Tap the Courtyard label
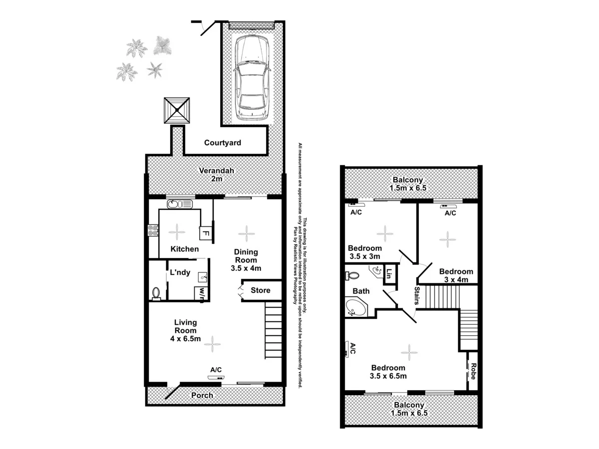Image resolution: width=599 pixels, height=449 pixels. [223, 143]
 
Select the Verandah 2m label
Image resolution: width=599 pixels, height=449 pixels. [216, 175]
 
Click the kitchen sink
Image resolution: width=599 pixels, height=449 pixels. [180, 204]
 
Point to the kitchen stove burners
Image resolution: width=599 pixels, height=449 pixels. [153, 230]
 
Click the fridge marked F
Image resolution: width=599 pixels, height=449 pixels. [204, 233]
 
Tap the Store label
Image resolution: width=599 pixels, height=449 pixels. [260, 290]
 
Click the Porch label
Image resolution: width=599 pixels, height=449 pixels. [203, 395]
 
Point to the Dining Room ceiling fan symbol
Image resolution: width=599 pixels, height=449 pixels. [245, 232]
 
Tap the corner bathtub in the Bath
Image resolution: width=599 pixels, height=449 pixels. [355, 308]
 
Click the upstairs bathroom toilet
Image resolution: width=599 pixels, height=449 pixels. [352, 275]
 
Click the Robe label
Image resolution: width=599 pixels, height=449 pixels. [473, 375]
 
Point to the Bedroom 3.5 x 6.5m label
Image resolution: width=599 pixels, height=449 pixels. [388, 372]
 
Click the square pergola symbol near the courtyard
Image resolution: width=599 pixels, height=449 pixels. [177, 111]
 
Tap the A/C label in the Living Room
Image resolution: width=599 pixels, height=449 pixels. [216, 370]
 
